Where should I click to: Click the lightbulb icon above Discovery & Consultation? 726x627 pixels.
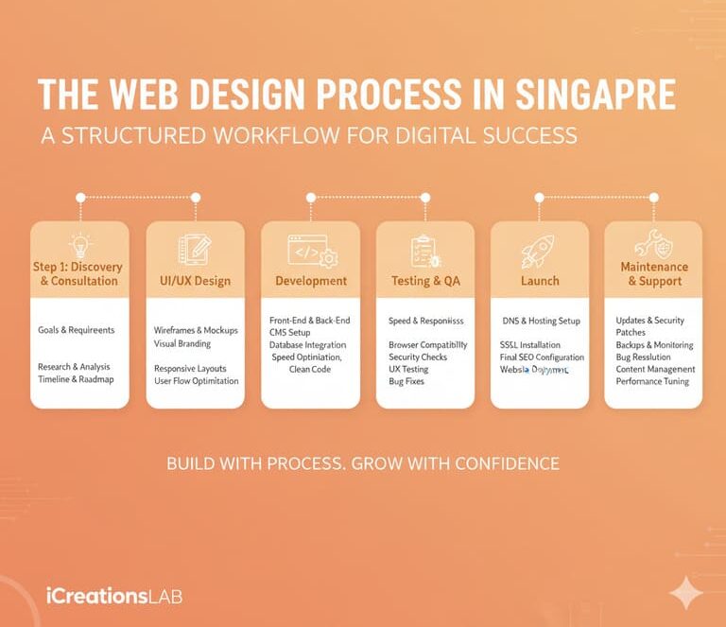(x=80, y=247)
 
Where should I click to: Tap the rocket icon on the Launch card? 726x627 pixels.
(x=539, y=250)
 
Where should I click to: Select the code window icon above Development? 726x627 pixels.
(x=311, y=251)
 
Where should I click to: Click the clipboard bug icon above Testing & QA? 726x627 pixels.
(x=425, y=251)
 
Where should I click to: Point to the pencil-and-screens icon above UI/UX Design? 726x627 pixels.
(x=195, y=250)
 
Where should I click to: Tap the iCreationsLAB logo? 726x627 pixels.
(x=113, y=596)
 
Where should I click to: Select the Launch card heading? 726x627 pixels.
(x=540, y=281)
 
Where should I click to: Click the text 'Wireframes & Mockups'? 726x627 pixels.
(x=196, y=331)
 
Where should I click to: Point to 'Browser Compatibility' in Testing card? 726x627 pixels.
(x=427, y=345)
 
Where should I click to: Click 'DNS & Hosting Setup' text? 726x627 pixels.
(x=541, y=322)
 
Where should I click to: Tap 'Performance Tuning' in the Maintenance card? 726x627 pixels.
(x=652, y=382)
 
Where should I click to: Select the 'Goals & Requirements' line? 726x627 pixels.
(x=77, y=331)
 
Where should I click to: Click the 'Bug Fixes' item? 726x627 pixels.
(x=406, y=382)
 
